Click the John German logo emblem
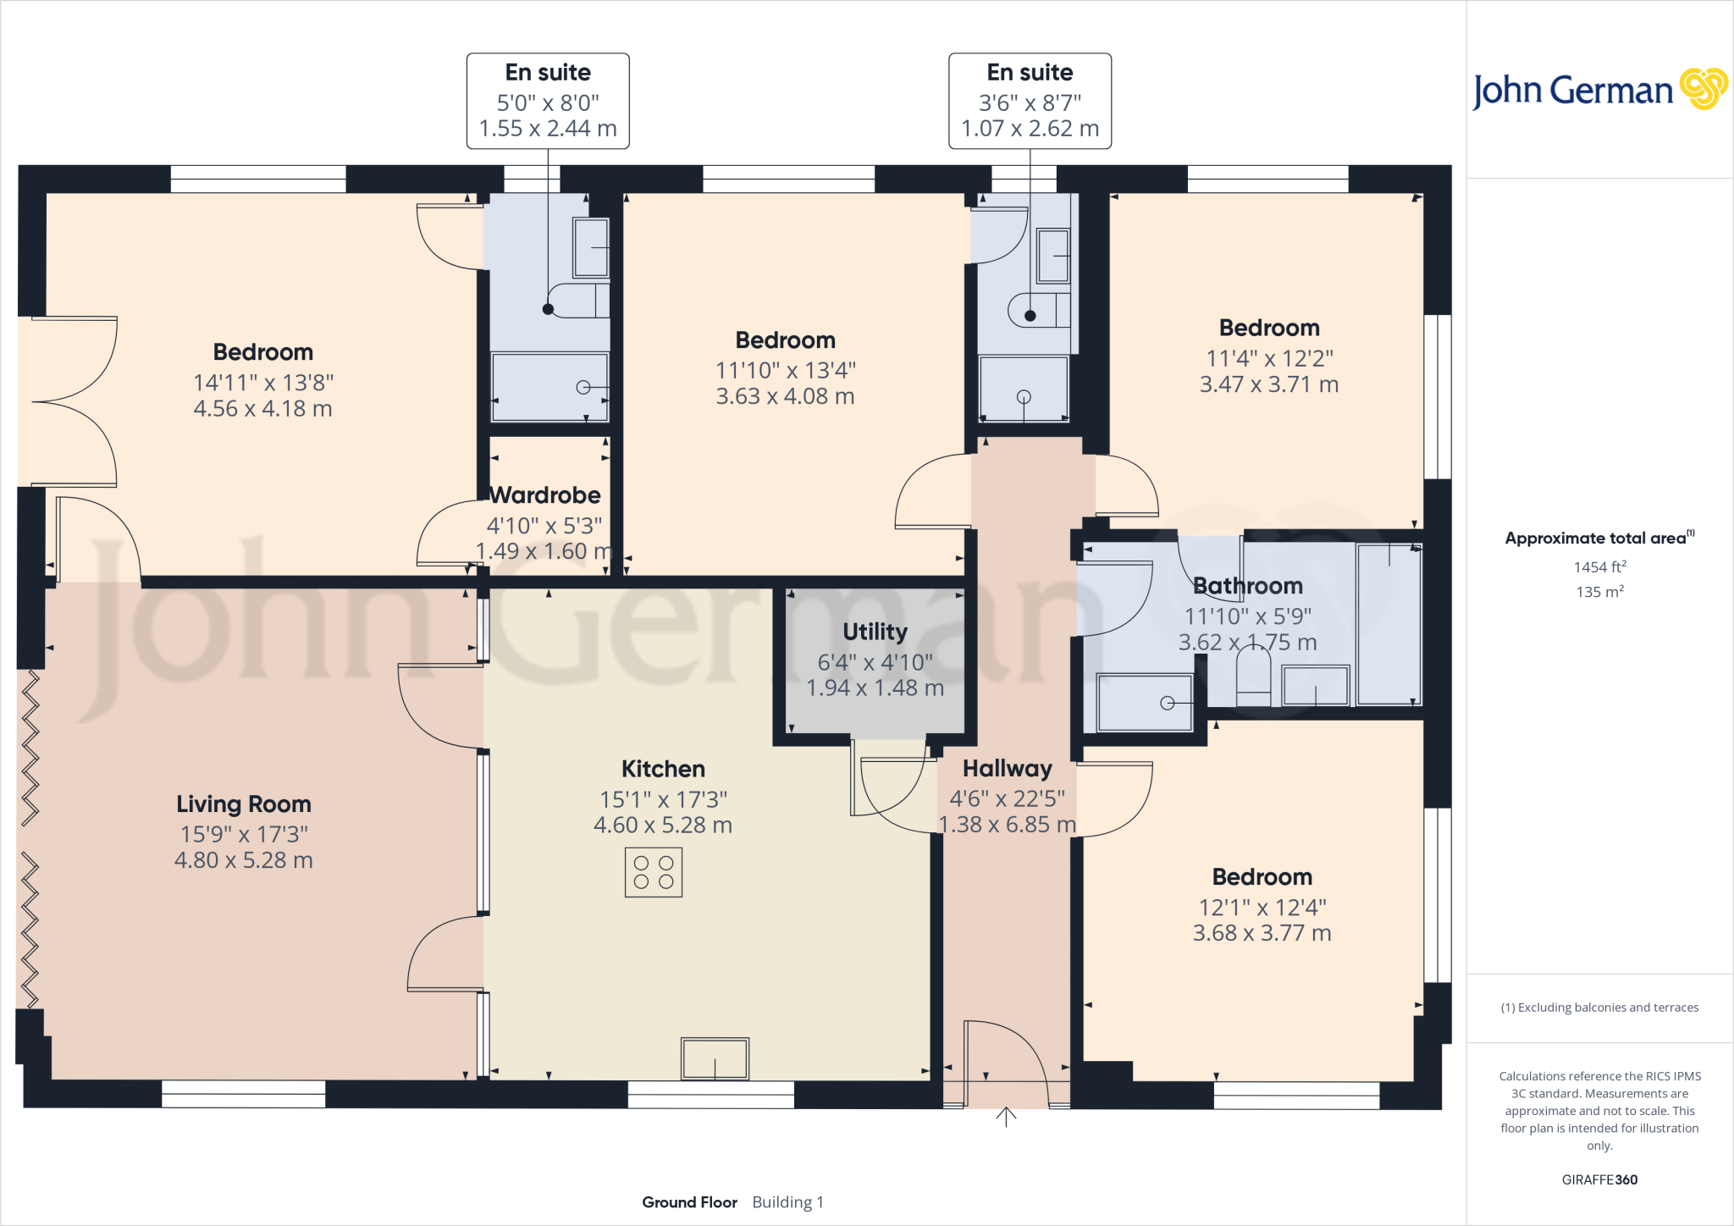1703,89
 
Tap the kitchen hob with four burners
653,873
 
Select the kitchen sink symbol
715,1058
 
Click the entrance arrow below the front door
1006,1117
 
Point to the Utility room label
875,632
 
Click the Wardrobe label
545,495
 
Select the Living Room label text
244,804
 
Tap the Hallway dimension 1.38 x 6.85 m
1007,825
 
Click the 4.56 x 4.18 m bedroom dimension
262,409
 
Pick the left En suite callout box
548,101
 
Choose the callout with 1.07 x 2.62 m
1030,101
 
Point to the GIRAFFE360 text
1599,1179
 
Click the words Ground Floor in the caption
689,1202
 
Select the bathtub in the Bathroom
1389,625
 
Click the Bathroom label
1247,586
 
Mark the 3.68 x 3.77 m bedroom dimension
1262,933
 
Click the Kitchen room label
663,769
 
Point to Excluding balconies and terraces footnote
1599,1008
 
